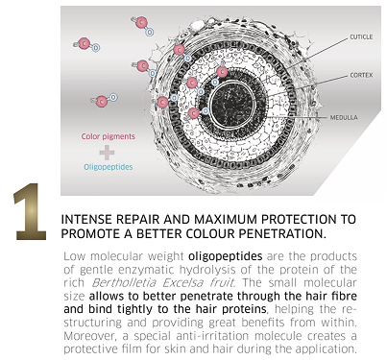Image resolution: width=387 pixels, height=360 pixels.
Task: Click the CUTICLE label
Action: tap(361, 37)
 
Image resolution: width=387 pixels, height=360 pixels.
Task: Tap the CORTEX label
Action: tap(361, 75)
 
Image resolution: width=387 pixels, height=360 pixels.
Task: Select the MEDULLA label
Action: tap(344, 117)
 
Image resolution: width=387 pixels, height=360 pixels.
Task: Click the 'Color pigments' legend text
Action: tap(109, 136)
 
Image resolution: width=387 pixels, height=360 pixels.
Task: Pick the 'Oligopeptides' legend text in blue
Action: tap(109, 167)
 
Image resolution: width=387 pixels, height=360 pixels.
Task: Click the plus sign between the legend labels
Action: tap(107, 153)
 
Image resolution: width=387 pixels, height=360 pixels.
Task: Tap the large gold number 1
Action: tap(30, 211)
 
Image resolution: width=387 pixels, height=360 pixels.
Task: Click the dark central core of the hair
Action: tap(231, 103)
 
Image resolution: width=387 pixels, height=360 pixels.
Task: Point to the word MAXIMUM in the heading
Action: tap(226, 220)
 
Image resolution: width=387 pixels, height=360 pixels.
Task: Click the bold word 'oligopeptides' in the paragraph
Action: tap(226, 256)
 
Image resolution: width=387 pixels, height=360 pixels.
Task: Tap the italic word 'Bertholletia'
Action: tap(124, 283)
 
